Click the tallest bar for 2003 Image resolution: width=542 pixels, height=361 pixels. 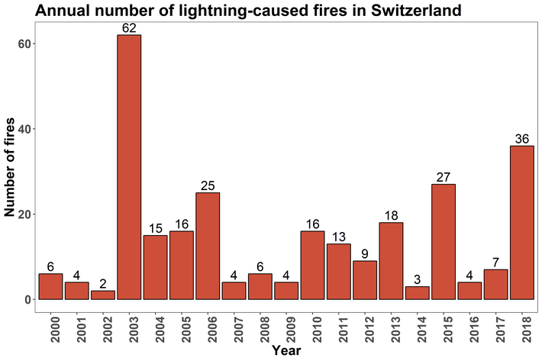tap(129, 167)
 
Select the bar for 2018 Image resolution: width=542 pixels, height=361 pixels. tap(522, 222)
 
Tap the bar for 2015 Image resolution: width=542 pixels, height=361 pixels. tap(444, 241)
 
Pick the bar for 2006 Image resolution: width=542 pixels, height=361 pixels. tap(208, 246)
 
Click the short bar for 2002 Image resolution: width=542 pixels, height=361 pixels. tap(103, 295)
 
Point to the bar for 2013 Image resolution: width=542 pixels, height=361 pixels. tap(391, 261)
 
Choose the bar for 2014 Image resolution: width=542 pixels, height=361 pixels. tap(418, 293)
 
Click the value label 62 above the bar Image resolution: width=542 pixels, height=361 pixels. tap(129, 28)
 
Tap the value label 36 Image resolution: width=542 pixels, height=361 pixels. tap(522, 139)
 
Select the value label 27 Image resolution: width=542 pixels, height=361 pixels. tap(444, 177)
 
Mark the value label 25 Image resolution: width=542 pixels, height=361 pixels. tap(208, 185)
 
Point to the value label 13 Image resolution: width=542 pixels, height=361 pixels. tap(339, 237)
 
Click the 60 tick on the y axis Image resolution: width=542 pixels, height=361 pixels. tap(26, 44)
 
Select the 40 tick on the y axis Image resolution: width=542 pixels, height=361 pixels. tap(26, 129)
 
